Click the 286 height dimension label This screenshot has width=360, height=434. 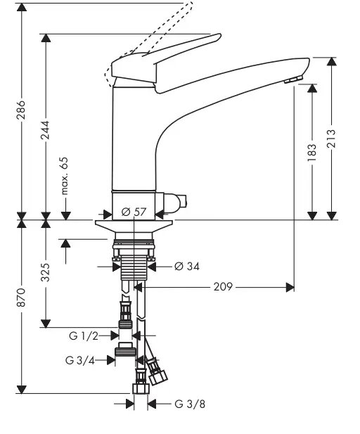[x=22, y=110]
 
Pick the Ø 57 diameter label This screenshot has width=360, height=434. [x=134, y=211]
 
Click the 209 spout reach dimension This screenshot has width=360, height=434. [x=221, y=286]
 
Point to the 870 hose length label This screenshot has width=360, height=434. [x=22, y=298]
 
